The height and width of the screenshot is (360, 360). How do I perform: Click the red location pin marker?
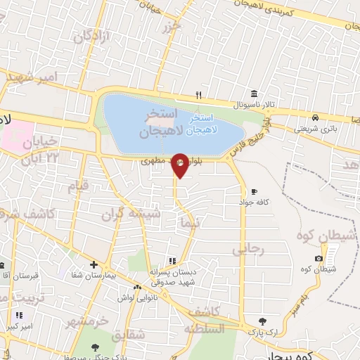pyautogui.click(x=180, y=165)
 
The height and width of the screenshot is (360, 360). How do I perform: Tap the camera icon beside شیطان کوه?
pyautogui.click(x=319, y=259)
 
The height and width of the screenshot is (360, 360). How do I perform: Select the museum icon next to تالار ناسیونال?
pyautogui.click(x=253, y=94)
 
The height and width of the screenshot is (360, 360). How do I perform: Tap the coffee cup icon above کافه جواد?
pyautogui.click(x=254, y=191)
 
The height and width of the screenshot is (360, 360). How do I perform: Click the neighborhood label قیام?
pyautogui.click(x=78, y=186)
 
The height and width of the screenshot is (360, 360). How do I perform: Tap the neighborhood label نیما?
pyautogui.click(x=191, y=224)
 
